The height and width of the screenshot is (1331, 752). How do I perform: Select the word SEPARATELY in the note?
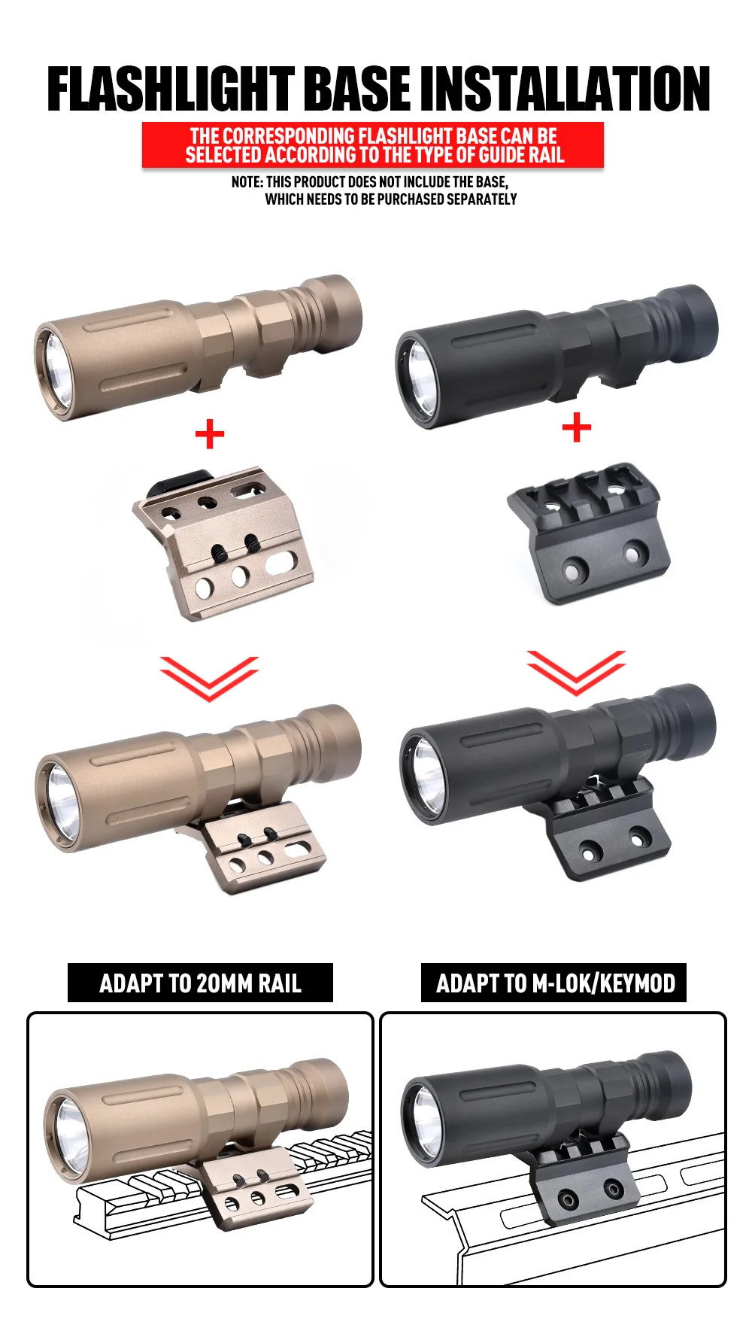pyautogui.click(x=481, y=199)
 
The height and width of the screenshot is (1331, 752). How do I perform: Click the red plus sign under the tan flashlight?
pyautogui.click(x=210, y=434)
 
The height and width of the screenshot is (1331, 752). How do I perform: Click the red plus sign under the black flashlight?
pyautogui.click(x=577, y=428)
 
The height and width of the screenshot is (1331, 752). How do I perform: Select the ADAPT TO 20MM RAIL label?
pyautogui.click(x=200, y=983)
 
